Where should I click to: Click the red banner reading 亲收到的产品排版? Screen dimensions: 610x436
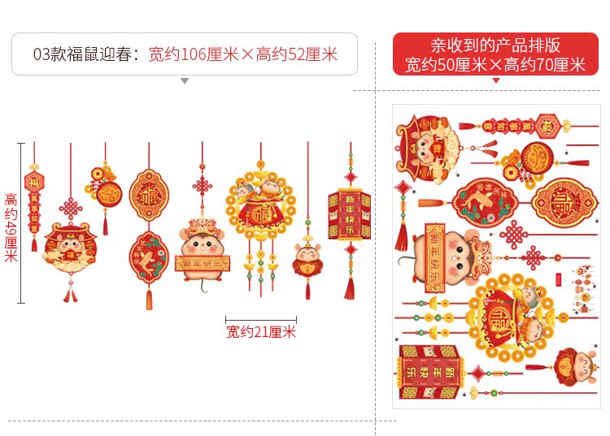[x=495, y=45]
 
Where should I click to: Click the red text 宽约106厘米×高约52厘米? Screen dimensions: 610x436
[x=242, y=54]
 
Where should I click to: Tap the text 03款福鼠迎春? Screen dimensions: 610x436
[x=85, y=54]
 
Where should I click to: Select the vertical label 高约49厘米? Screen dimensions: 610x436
[x=11, y=227]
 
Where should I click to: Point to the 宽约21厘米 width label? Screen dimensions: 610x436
[x=261, y=331]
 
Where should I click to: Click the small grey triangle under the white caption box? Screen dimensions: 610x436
[x=185, y=81]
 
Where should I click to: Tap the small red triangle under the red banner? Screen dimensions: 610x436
[x=496, y=80]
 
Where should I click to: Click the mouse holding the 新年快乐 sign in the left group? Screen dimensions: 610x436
[x=201, y=248]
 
